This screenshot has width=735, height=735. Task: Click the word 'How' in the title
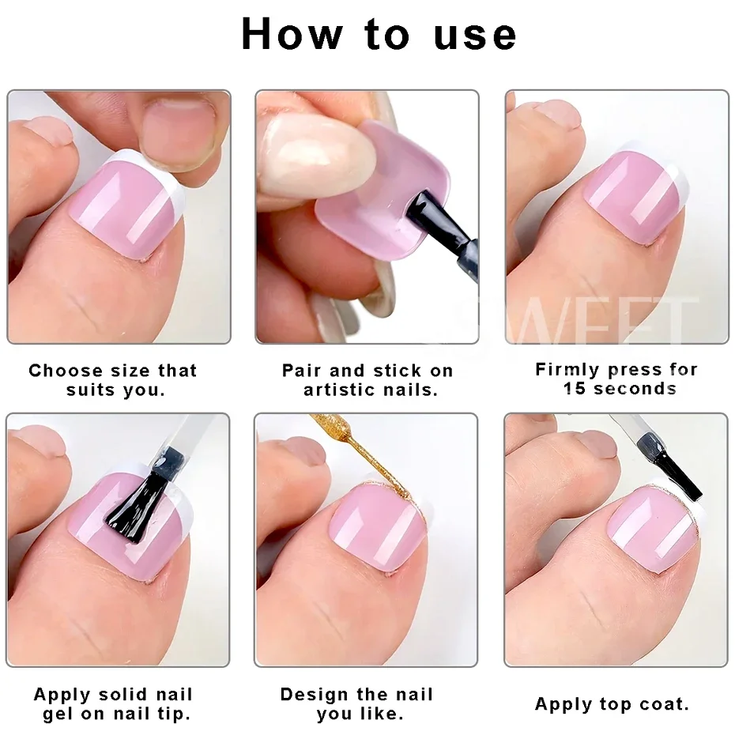(x=292, y=35)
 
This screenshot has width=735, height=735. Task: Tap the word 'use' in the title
(x=475, y=35)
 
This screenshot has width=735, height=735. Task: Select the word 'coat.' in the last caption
(x=660, y=704)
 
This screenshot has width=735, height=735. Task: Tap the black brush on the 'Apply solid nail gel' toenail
(x=138, y=497)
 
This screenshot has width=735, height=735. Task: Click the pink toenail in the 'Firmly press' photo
(x=633, y=197)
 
